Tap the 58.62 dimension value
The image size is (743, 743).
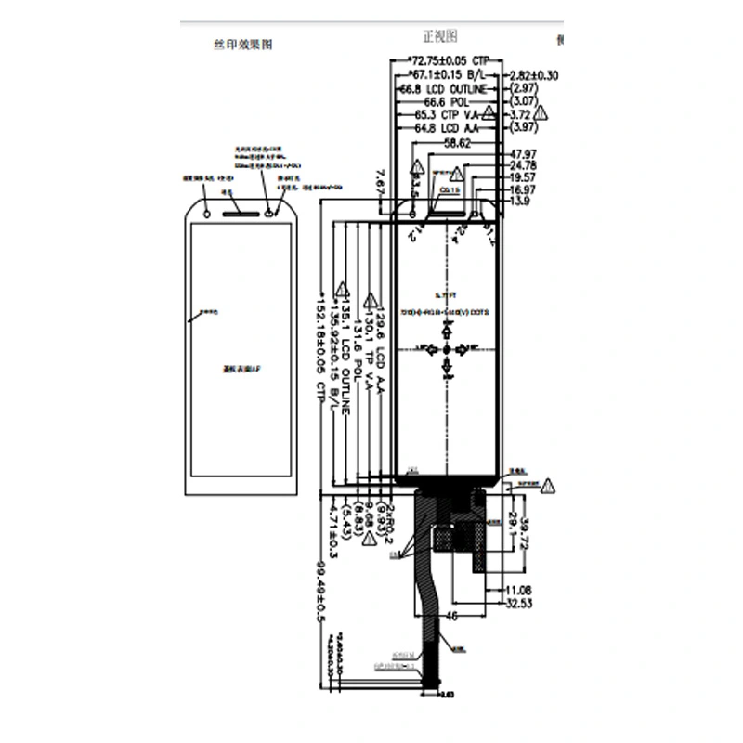point(458,144)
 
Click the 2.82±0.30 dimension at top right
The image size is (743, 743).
point(534,75)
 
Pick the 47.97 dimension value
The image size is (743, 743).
point(524,153)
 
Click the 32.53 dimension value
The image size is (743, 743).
point(520,605)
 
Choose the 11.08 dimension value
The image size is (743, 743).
point(518,591)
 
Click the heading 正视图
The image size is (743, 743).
point(440,36)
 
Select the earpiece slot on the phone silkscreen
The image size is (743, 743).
point(239,209)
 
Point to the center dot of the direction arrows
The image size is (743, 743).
point(447,348)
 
